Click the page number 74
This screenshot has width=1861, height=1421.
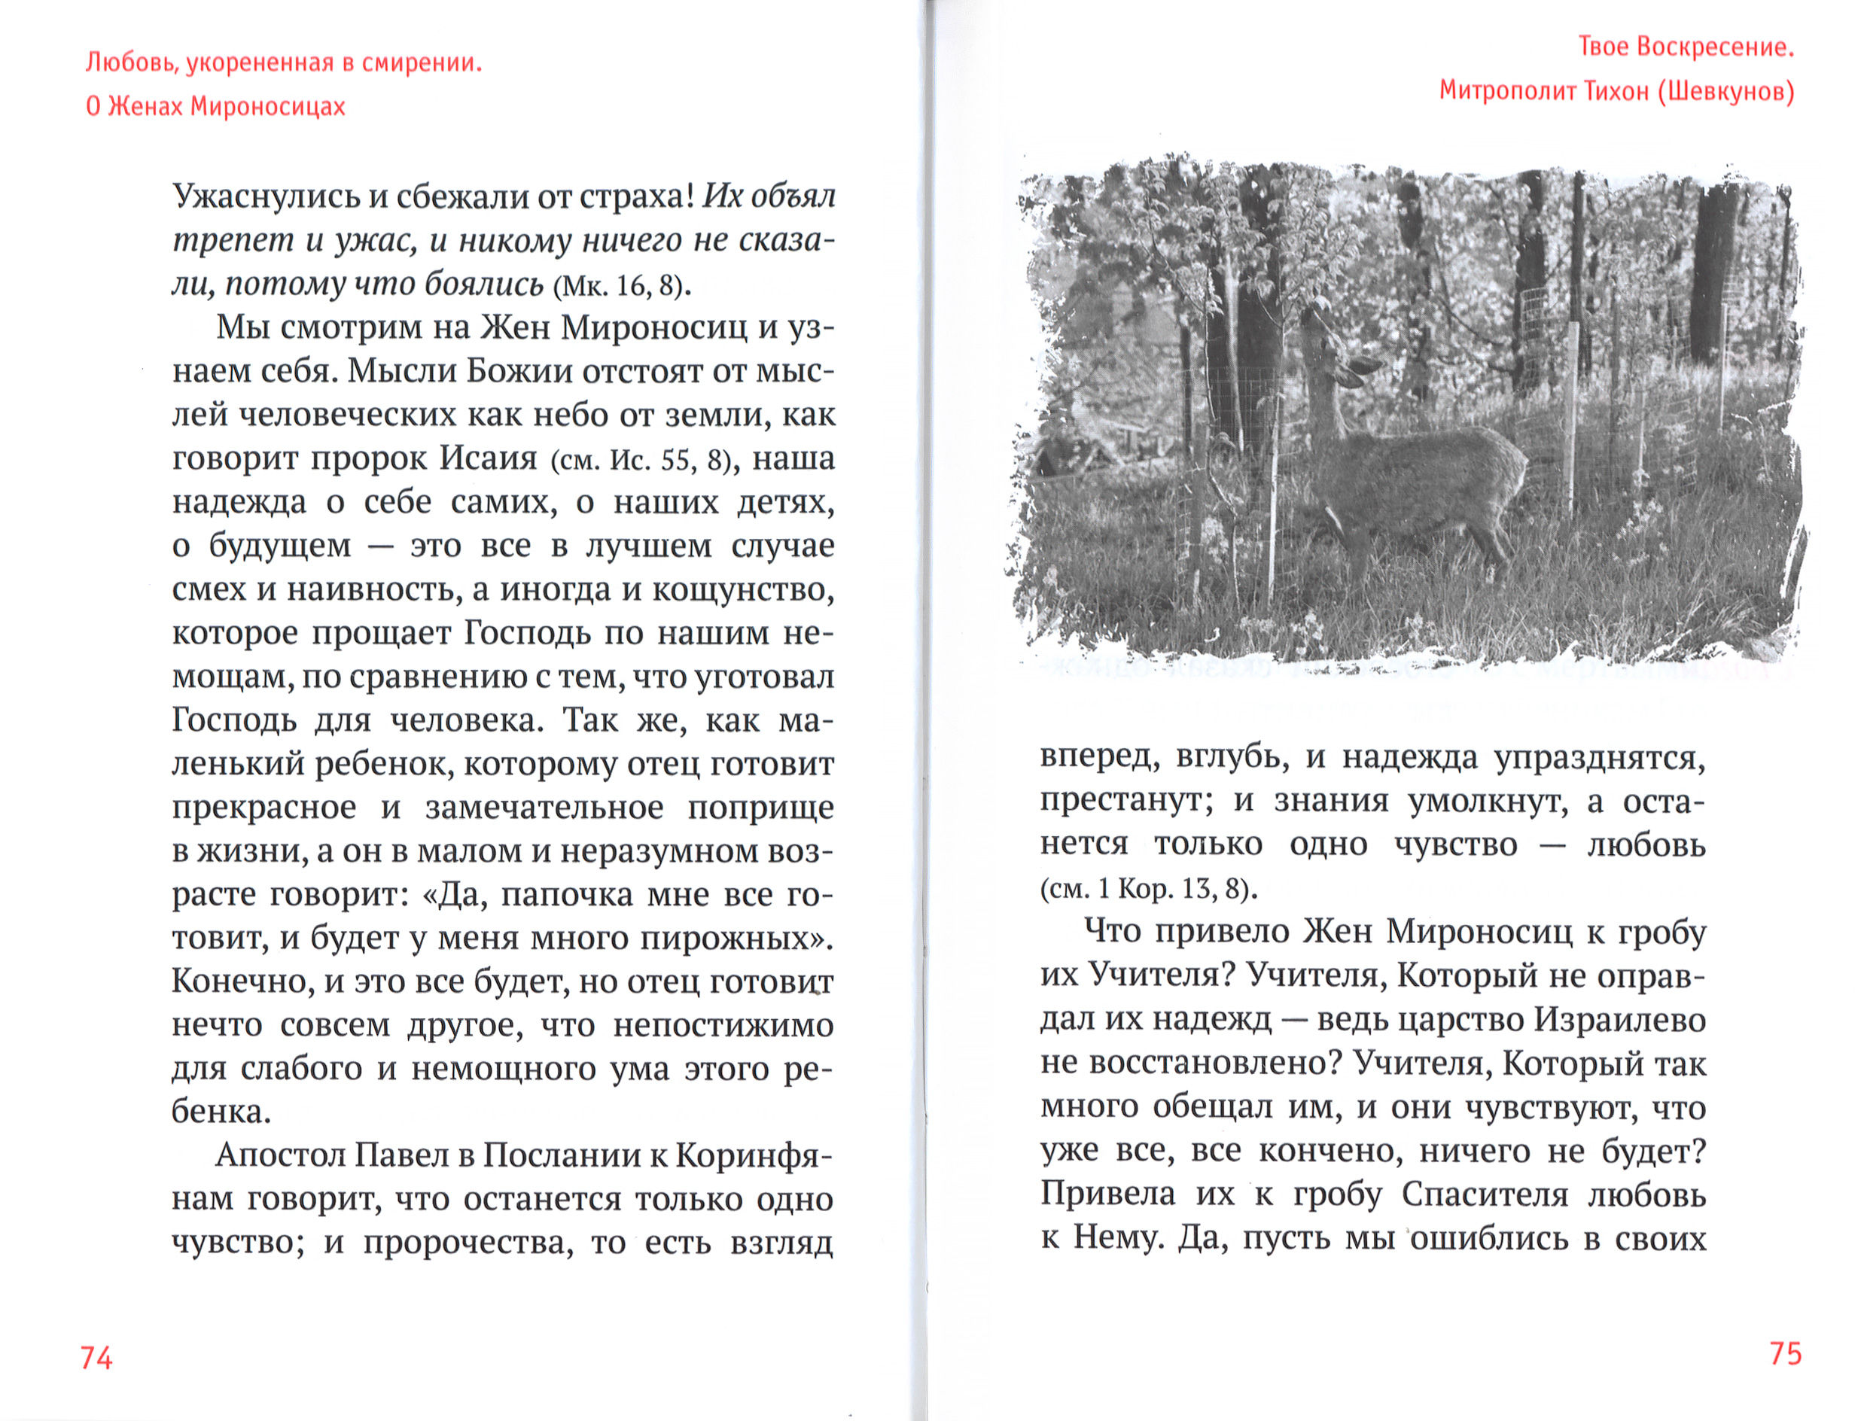point(96,1358)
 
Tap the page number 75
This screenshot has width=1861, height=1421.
point(1785,1354)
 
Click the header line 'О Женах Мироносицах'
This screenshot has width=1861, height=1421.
point(216,107)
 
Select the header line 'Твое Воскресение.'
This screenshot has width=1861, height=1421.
point(1686,47)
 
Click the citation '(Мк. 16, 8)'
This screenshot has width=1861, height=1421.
point(621,286)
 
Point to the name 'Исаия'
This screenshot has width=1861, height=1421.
point(488,458)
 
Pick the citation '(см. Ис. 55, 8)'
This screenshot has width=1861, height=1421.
point(641,460)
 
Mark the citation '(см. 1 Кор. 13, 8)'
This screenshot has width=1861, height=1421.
point(1150,889)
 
